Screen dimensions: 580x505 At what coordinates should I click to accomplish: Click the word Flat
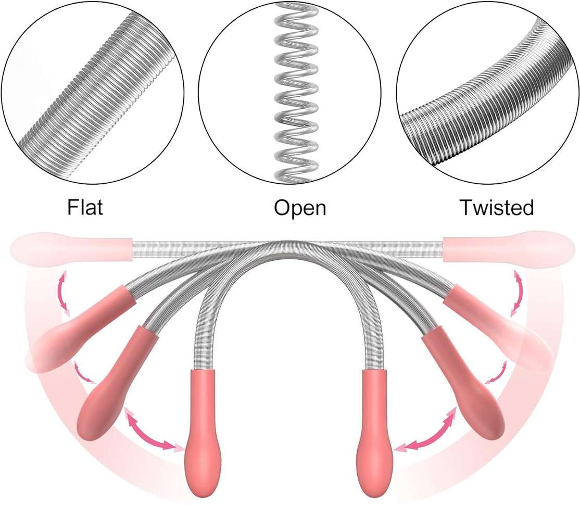click(x=85, y=207)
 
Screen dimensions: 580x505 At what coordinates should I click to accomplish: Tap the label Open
click(x=300, y=208)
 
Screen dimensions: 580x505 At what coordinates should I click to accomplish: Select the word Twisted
click(x=497, y=207)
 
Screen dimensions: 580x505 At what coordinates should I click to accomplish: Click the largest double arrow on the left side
click(x=151, y=431)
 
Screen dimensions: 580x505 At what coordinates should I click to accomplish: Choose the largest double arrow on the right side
click(x=426, y=431)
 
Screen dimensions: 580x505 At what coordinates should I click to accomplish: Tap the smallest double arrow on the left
click(x=84, y=372)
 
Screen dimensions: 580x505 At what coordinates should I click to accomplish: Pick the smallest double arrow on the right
click(x=496, y=372)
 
